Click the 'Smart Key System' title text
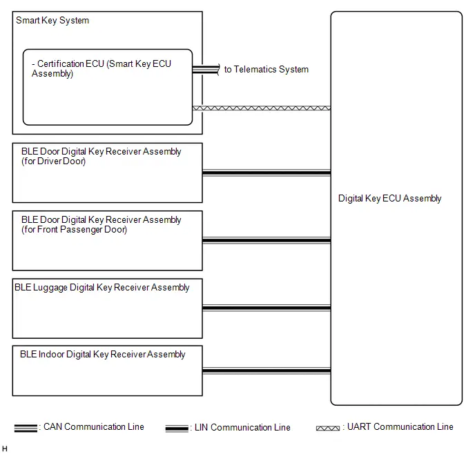pyautogui.click(x=52, y=21)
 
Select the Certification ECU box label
pyautogui.click(x=101, y=69)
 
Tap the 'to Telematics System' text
pyautogui.click(x=266, y=69)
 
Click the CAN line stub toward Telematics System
pyautogui.click(x=206, y=70)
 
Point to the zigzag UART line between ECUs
pyautogui.click(x=262, y=108)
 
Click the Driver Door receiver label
pyautogui.click(x=101, y=156)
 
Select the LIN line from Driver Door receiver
pyautogui.click(x=266, y=172)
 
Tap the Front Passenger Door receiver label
pyautogui.click(x=101, y=224)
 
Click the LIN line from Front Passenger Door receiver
pyautogui.click(x=266, y=241)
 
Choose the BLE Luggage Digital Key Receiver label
pyautogui.click(x=101, y=287)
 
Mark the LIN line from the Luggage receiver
pyautogui.click(x=266, y=308)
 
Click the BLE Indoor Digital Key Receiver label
pyautogui.click(x=102, y=354)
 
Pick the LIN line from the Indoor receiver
pyautogui.click(x=266, y=371)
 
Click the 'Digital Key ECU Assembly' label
pyautogui.click(x=389, y=199)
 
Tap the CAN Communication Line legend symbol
pyautogui.click(x=26, y=428)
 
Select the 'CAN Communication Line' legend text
pyautogui.click(x=94, y=427)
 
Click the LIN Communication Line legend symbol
pyautogui.click(x=177, y=428)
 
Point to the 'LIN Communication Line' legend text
pyautogui.click(x=242, y=427)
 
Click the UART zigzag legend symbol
pyautogui.click(x=328, y=428)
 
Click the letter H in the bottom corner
pyautogui.click(x=5, y=448)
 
